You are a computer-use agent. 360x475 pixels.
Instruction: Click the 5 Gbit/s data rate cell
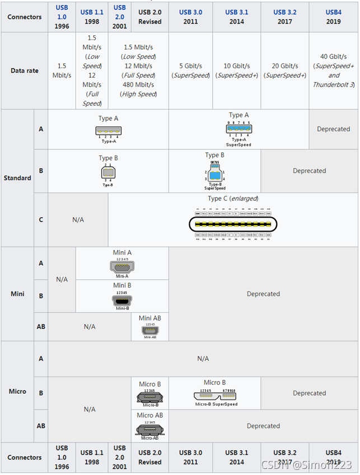point(191,70)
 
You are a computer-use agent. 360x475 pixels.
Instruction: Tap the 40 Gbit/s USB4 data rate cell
point(334,70)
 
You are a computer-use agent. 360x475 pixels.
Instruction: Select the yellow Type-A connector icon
point(108,131)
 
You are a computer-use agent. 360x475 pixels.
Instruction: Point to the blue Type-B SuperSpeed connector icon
point(214,172)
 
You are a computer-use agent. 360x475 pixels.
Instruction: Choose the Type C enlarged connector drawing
point(232,225)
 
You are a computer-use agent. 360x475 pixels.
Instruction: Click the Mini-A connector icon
point(122,267)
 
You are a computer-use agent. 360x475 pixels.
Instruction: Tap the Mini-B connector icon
point(122,299)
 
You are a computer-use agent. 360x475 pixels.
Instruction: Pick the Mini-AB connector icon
point(149,330)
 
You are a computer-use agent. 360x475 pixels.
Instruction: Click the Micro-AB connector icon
point(149,430)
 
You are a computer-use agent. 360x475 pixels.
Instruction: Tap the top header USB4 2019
point(334,17)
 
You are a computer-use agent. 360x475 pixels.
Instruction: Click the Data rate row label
point(25,71)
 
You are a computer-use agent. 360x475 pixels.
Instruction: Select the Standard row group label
point(17,178)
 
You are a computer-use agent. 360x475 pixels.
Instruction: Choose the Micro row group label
point(17,391)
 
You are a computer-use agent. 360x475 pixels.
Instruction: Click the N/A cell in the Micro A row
point(203,359)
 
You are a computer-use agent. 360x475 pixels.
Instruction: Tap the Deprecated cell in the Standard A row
point(333,129)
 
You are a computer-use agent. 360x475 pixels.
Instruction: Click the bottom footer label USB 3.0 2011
point(191,458)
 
